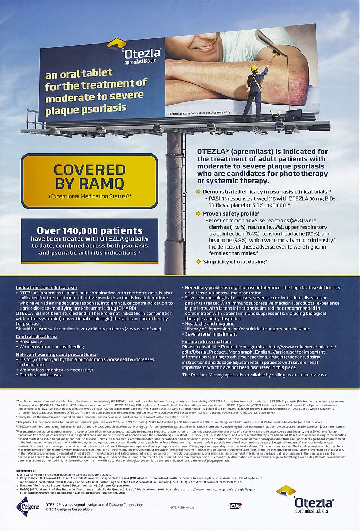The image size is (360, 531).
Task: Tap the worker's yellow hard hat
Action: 254,67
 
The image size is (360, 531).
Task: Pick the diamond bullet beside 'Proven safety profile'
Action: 199,213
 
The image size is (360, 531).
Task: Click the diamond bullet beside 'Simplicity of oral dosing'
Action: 199,261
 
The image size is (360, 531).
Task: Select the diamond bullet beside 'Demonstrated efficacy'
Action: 199,191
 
